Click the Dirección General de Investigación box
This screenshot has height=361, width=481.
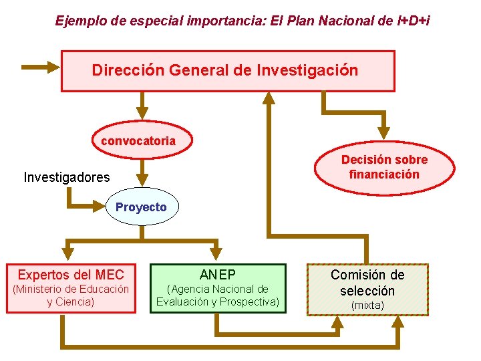coord(228,70)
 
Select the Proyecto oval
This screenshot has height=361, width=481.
coord(141,207)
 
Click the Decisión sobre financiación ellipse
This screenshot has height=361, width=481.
coord(384,167)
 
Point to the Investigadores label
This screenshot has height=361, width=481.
coord(67,177)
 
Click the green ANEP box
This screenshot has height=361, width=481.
coord(218,288)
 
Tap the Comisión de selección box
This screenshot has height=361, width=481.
coord(367,289)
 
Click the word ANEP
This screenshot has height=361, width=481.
coord(218,274)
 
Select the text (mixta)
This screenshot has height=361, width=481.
coord(367,306)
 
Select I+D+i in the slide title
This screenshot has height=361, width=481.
coord(413,21)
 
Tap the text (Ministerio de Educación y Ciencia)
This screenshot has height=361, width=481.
coord(71,295)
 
